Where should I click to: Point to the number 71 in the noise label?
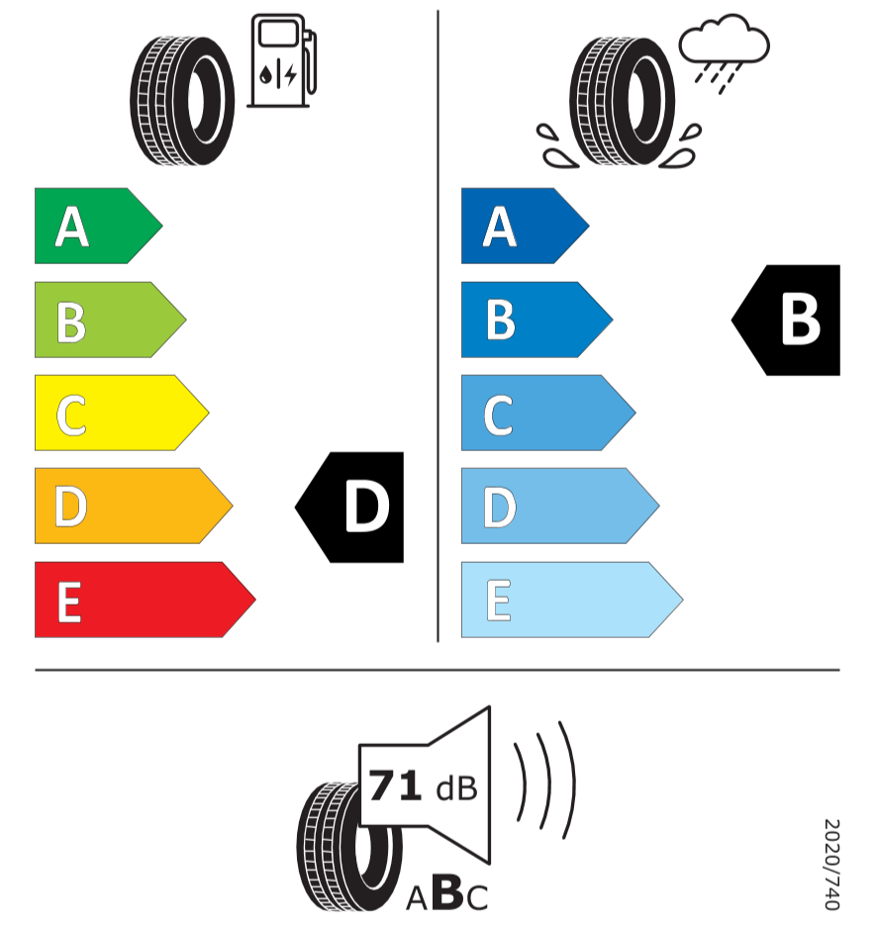(x=394, y=787)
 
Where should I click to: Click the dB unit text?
(x=455, y=789)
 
